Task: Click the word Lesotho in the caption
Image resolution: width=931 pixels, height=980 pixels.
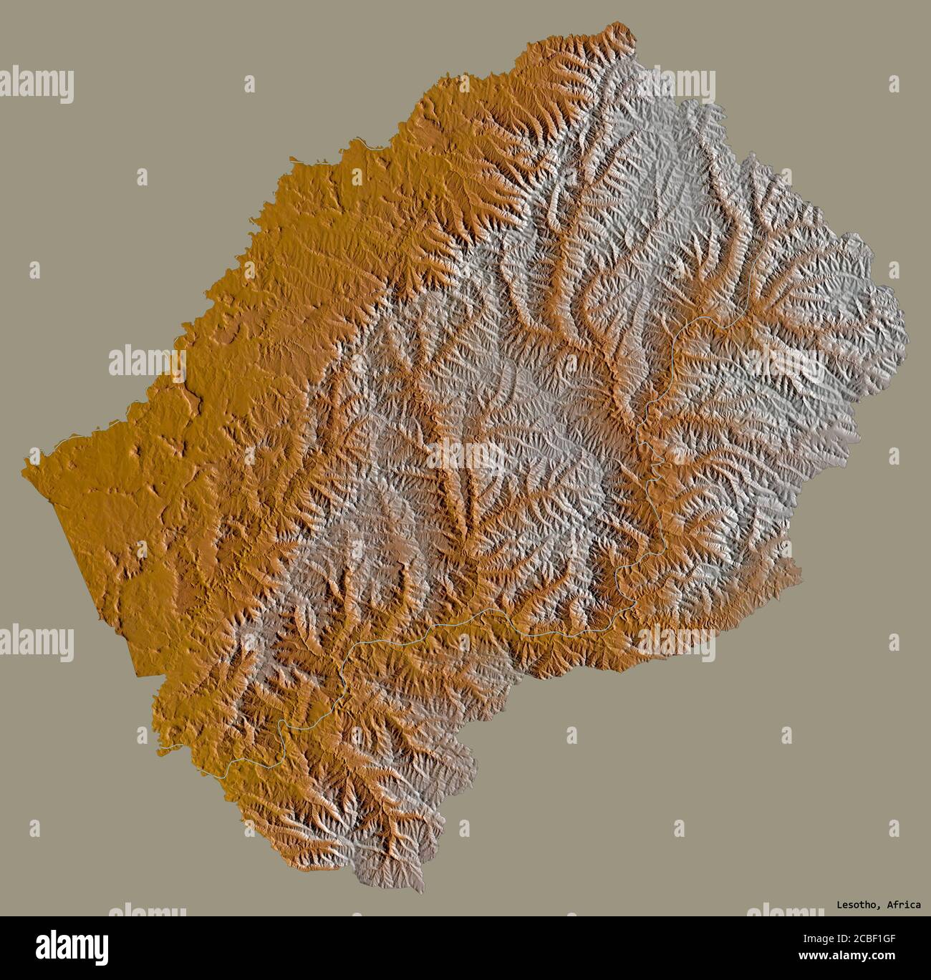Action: pyautogui.click(x=857, y=905)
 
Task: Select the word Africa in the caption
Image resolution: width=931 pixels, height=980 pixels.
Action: pyautogui.click(x=903, y=905)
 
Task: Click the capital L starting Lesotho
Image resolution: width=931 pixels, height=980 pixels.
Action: pyautogui.click(x=840, y=905)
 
